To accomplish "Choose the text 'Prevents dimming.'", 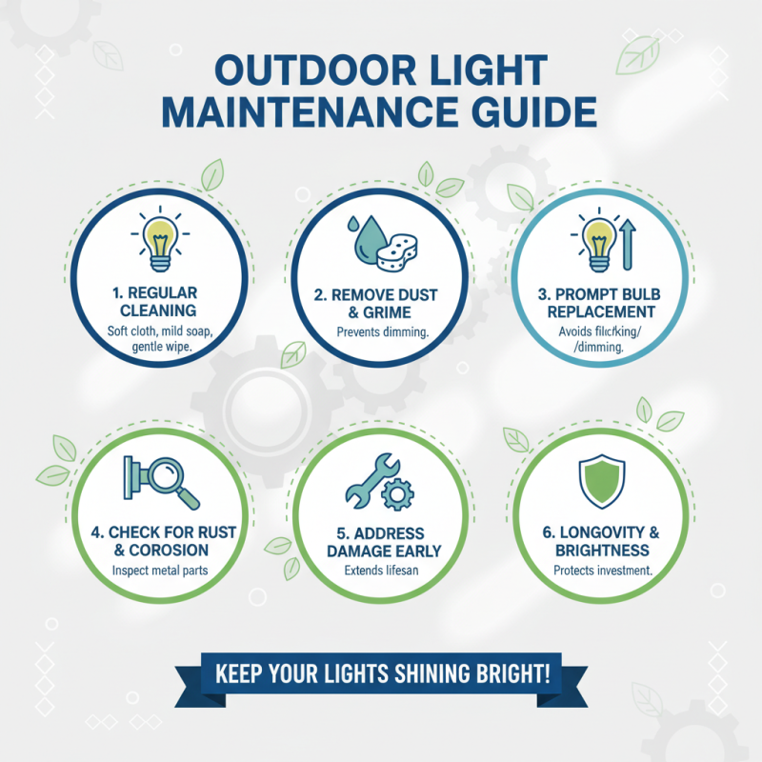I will (379, 332).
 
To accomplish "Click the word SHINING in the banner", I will (427, 673).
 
